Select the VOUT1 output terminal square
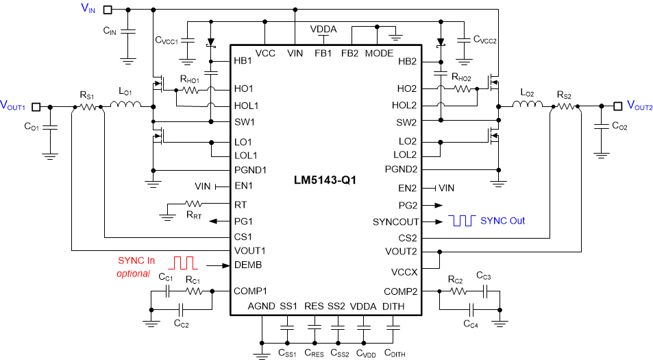pos(37,106)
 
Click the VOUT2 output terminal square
pos(617,106)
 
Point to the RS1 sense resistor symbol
pos(86,106)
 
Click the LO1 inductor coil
pos(126,105)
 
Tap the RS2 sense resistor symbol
pos(566,106)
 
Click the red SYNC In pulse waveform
pos(184,263)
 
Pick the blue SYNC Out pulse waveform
pos(461,220)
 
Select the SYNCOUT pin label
pos(395,221)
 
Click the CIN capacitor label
pos(110,31)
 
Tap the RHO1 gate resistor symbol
pos(190,88)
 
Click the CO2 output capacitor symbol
pos(601,126)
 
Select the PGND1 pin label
pos(250,169)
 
